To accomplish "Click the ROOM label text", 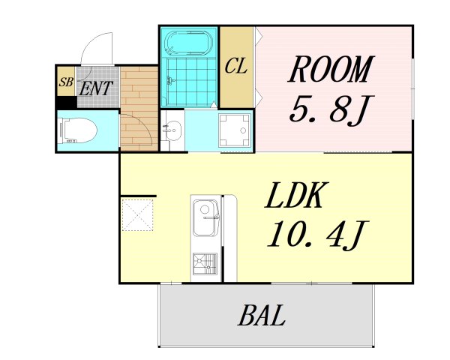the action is coord(331,69).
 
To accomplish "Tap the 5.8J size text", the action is coord(331,110).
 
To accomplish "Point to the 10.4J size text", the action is coord(318,234).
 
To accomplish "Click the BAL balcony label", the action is coord(262,315).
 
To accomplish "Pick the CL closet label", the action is coord(235,66).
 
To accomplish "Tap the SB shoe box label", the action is coord(66,82).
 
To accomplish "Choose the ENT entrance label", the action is coord(95,88).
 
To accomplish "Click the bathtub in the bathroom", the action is coord(188,43).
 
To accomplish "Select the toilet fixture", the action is coord(77,131).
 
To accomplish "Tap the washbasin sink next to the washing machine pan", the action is coord(172,130).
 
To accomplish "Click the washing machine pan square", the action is coord(235,130).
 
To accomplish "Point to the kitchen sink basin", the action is coord(205,217).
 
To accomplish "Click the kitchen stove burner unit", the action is coord(205,264).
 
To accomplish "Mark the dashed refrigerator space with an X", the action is coord(137,215).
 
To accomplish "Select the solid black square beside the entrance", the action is coord(67,102).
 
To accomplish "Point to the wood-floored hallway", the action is coord(139,109).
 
